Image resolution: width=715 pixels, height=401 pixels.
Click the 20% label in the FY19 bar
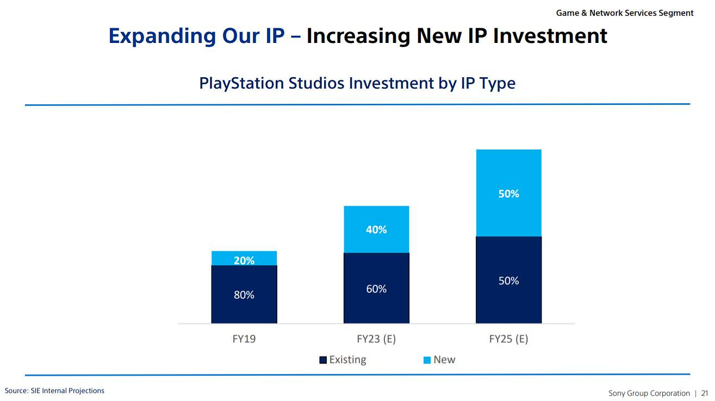tap(244, 260)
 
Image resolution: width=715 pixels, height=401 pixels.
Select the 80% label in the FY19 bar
tap(244, 295)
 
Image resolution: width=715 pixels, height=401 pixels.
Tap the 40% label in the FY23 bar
tap(376, 230)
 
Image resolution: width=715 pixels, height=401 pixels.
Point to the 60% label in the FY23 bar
tap(376, 289)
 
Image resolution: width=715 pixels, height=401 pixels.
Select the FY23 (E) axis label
tap(376, 339)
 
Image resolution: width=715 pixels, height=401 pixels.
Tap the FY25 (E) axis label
tap(508, 339)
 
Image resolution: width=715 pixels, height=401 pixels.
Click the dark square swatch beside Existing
tap(323, 360)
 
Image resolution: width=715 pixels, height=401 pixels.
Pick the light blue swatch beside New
tap(427, 360)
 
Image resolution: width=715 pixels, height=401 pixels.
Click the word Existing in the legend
tap(348, 360)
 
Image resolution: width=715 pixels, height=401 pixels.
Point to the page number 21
tap(705, 393)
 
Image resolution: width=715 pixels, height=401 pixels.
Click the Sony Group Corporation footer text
tap(649, 393)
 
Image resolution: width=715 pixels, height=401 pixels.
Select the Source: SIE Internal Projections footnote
tap(54, 391)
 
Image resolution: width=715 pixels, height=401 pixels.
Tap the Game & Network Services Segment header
tap(625, 12)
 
